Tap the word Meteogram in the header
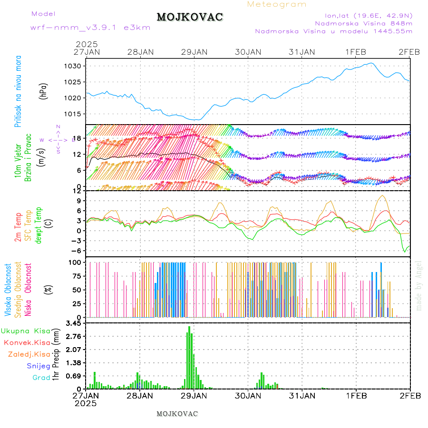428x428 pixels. tap(277, 4)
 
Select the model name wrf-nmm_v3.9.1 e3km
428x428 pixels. tap(90, 27)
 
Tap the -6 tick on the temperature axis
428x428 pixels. tap(78, 251)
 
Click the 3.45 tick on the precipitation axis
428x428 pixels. tap(75, 323)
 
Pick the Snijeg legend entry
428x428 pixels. tap(39, 366)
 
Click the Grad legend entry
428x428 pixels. tap(41, 378)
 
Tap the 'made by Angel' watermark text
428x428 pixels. tap(419, 285)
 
